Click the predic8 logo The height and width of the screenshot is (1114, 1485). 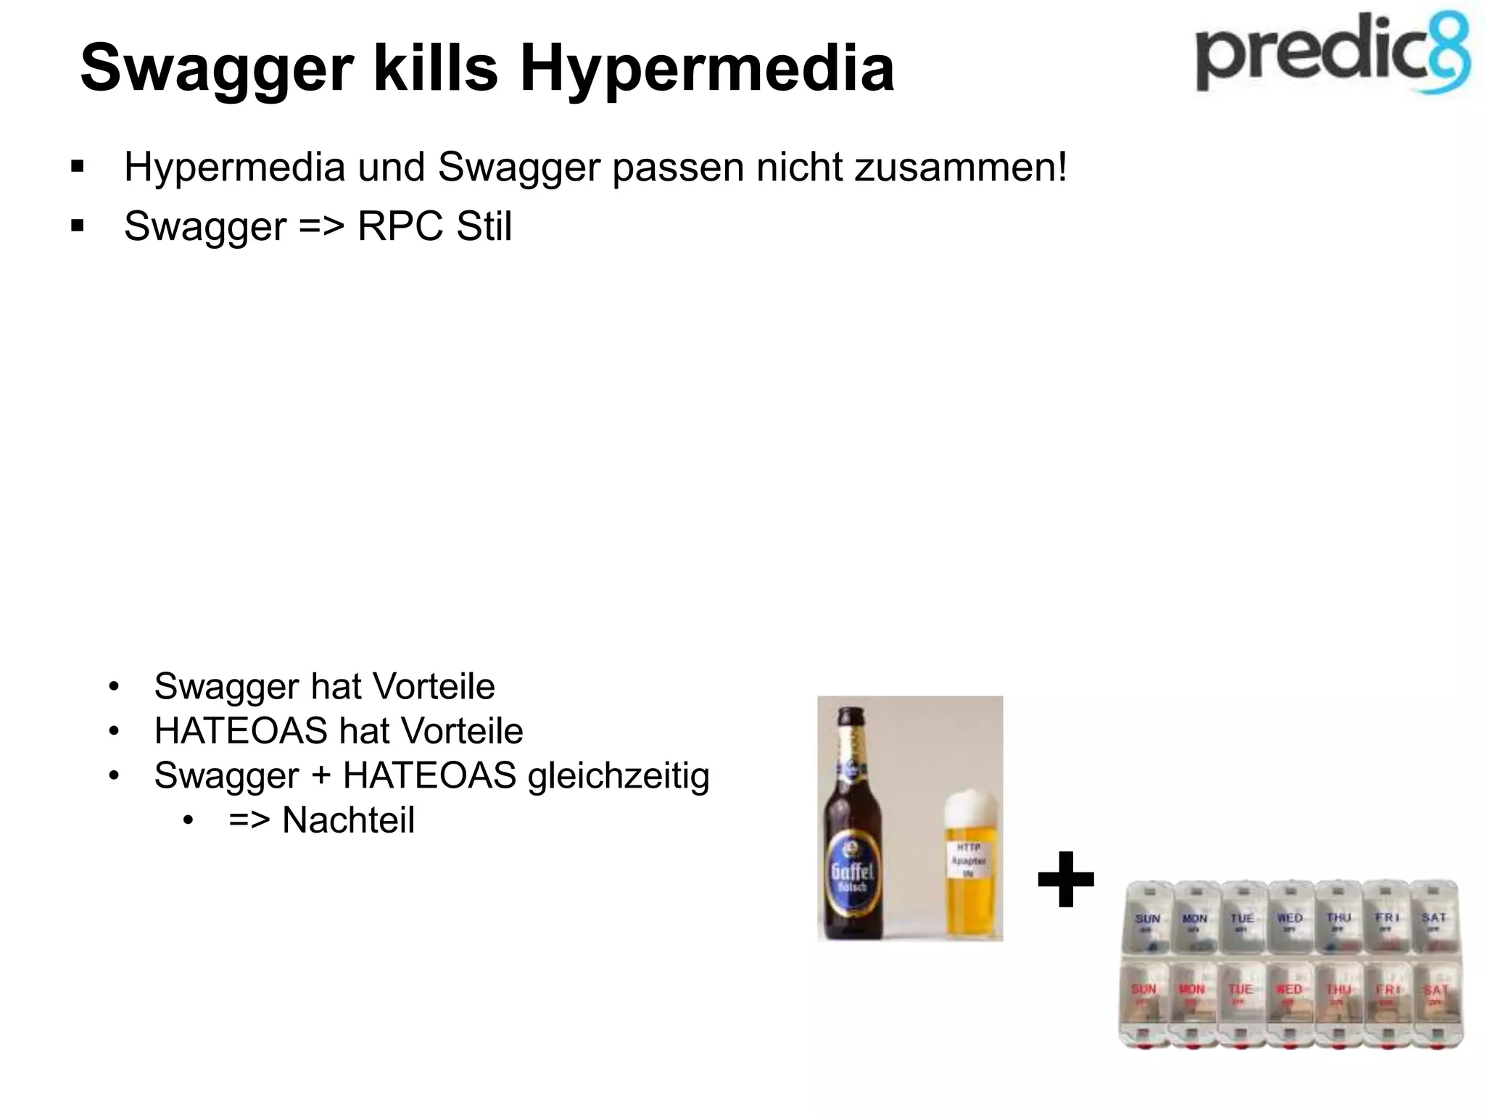(1333, 54)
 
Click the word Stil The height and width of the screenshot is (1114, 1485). (484, 226)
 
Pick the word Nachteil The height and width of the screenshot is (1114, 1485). (348, 820)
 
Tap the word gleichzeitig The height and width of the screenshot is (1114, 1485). (619, 776)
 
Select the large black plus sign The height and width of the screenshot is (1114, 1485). (1065, 880)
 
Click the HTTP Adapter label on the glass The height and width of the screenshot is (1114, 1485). (969, 862)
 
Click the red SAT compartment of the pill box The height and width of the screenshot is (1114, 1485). (1434, 997)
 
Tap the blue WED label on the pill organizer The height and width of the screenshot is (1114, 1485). (1290, 919)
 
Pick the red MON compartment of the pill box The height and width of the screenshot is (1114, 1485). (1191, 997)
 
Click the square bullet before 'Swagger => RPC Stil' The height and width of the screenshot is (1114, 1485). (78, 226)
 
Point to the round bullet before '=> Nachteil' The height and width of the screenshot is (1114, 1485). (189, 821)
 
